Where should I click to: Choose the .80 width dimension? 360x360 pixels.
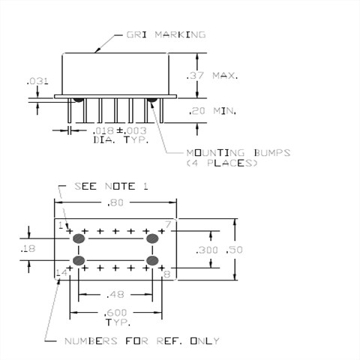pos(115,202)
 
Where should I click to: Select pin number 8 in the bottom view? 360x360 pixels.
pos(167,274)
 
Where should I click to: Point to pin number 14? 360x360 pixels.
pos(61,274)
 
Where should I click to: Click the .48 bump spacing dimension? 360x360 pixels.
pos(115,294)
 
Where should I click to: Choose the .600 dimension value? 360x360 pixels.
pos(115,313)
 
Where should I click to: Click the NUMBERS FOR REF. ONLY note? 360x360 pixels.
pos(143,341)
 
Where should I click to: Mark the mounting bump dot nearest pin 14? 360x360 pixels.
pos(78,260)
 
